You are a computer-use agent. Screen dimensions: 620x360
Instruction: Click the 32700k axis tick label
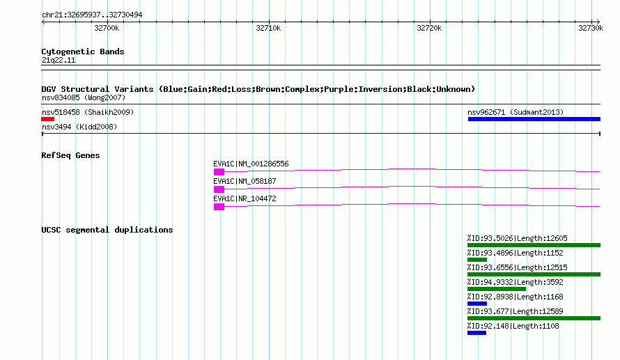point(107,28)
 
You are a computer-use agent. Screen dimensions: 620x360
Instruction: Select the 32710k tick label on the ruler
point(268,28)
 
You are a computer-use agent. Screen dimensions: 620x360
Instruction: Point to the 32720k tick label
point(429,28)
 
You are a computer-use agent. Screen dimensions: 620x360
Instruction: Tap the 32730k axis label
point(591,28)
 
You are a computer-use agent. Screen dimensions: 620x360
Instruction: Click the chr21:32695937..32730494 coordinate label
point(92,15)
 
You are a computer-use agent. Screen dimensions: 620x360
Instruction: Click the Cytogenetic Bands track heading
point(83,52)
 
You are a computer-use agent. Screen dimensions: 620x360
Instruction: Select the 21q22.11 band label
point(59,60)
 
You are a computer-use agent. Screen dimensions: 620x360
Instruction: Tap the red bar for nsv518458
point(48,119)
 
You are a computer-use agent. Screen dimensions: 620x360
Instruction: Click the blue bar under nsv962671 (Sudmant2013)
point(534,119)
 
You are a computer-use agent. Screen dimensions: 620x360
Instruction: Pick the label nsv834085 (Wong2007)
point(84,97)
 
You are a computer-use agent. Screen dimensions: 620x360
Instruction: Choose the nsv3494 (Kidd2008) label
point(79,127)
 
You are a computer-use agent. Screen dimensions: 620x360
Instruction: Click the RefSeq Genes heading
point(70,155)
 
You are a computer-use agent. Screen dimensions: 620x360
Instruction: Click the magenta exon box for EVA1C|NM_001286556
point(219,172)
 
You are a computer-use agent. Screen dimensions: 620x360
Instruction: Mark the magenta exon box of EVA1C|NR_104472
point(219,207)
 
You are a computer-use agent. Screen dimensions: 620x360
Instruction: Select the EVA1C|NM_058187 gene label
point(245,181)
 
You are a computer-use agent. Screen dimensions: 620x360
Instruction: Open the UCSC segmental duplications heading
point(107,230)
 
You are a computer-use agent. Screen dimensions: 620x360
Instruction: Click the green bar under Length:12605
point(534,245)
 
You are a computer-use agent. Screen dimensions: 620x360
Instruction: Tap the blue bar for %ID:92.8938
point(477,304)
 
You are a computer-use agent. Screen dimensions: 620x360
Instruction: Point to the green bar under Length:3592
point(497,289)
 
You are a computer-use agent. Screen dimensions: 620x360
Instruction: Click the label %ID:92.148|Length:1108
point(513,326)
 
